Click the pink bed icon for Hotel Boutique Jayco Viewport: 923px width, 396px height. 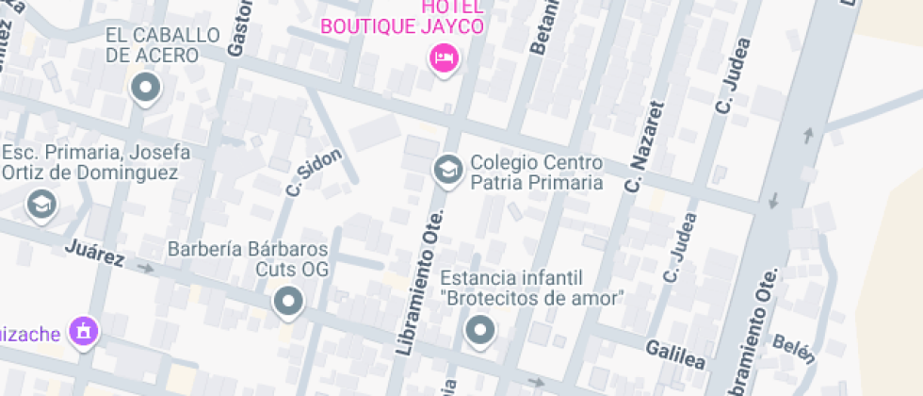(x=443, y=59)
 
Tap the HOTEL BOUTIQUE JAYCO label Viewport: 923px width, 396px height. (x=403, y=18)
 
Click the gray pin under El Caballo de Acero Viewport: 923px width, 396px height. (x=146, y=91)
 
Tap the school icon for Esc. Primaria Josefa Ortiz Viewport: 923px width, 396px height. (x=40, y=203)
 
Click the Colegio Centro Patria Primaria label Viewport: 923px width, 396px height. (x=536, y=172)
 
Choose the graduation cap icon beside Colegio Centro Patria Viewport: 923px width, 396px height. (x=446, y=170)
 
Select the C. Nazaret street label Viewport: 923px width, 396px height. (x=643, y=145)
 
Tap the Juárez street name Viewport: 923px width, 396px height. (x=95, y=253)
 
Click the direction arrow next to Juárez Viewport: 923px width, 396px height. (x=145, y=267)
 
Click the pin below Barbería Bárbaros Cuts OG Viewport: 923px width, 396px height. (x=288, y=303)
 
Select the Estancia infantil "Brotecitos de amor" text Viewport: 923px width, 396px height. (x=533, y=288)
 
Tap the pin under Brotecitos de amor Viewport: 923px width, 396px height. (x=481, y=331)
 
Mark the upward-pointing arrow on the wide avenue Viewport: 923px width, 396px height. (x=807, y=135)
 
